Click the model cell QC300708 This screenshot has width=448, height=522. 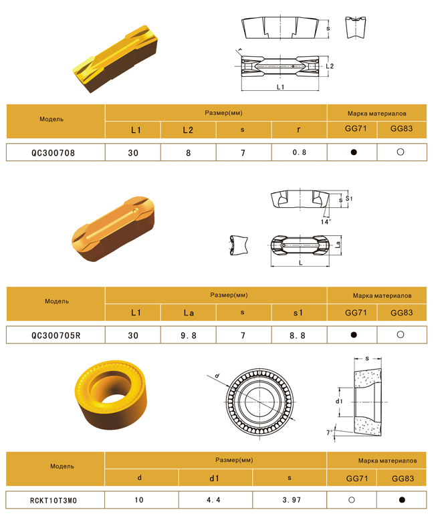pos(53,153)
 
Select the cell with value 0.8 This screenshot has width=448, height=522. pos(299,152)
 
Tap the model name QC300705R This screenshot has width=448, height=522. pos(56,336)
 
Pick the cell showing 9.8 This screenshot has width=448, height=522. pos(189,336)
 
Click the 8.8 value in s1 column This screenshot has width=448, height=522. pos(298,336)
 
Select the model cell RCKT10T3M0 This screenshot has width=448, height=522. pos(53,501)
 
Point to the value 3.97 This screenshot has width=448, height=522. pos(292,500)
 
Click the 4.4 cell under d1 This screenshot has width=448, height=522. pos(213,500)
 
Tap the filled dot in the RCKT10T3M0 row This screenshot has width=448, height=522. pos(402,500)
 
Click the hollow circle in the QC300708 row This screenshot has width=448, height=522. pos(401,152)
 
